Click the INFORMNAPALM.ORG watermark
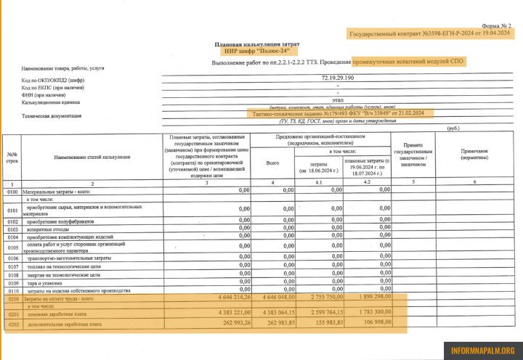[482, 350]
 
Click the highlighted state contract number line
[430, 34]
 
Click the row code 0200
[12, 298]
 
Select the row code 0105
[12, 247]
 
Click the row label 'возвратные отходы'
[55, 229]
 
